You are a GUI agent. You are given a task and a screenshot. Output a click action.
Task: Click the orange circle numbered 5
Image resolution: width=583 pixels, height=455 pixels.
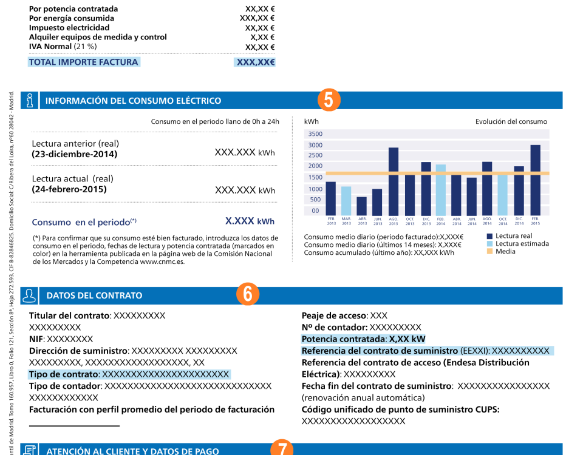329,100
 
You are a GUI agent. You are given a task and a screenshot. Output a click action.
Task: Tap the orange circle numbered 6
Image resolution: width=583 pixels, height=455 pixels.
247,294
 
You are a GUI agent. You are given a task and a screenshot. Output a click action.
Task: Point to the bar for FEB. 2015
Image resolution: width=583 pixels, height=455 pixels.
535,180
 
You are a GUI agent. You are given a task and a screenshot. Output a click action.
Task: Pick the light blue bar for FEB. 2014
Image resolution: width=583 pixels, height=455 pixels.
441,190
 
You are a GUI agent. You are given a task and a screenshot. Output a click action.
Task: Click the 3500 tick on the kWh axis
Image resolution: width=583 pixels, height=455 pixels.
315,133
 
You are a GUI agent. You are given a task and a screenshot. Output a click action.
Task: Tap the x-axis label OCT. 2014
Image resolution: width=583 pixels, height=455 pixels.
503,221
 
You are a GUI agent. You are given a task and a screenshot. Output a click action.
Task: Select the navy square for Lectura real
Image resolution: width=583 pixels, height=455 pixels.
489,236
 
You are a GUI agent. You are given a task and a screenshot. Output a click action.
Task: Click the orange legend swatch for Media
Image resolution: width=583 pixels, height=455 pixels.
489,251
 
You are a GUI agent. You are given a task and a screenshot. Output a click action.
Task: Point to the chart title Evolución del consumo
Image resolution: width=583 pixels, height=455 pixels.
511,121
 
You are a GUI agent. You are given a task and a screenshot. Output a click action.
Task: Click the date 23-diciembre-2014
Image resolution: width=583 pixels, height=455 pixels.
75,154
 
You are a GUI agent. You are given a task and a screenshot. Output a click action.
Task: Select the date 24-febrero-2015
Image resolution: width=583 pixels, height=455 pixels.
69,189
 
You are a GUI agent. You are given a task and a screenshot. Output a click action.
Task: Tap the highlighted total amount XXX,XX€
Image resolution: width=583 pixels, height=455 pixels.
256,62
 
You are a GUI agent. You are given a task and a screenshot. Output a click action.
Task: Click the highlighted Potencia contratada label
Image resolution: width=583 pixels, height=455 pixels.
344,339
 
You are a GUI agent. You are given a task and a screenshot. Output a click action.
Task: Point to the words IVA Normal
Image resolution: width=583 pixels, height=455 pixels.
50,46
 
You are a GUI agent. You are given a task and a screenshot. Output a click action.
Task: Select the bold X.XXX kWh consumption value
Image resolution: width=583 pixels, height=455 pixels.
250,221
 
